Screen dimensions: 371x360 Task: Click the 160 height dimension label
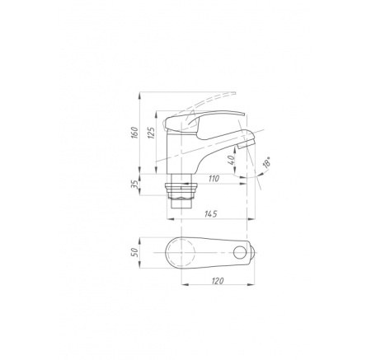click(134, 133)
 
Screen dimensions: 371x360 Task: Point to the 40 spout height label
click(232, 160)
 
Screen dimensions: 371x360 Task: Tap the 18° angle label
click(266, 162)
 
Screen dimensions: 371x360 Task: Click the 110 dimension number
click(214, 179)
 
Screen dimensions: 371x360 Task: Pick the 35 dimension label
click(134, 185)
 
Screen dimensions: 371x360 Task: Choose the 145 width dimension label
click(211, 214)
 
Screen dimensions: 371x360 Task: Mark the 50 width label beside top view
click(134, 252)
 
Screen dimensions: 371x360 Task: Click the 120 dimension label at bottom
click(218, 281)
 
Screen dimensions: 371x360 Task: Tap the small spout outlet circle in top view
click(239, 252)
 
